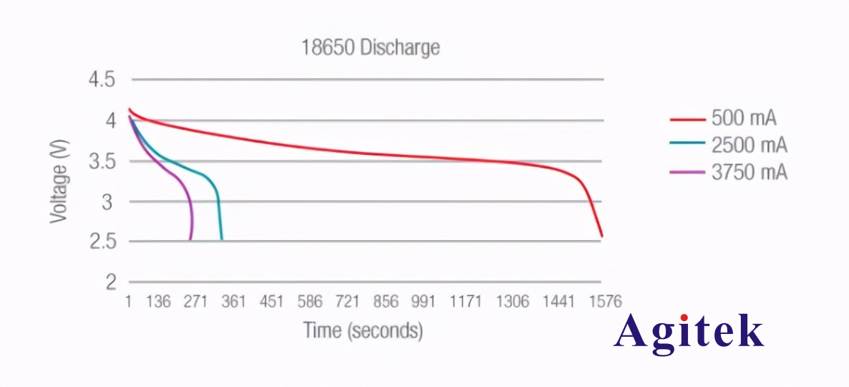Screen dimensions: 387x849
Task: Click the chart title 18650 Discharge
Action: point(369,48)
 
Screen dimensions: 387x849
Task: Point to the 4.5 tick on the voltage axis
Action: point(101,80)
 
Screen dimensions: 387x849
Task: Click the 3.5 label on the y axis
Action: point(101,161)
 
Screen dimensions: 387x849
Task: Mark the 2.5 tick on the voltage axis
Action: point(101,242)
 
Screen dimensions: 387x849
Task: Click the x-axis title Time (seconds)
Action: point(363,330)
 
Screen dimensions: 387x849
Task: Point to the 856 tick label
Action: point(386,302)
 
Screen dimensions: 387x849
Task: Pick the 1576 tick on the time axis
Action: point(605,302)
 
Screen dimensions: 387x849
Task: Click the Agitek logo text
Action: point(689,333)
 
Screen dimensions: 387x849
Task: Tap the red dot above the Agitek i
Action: point(685,315)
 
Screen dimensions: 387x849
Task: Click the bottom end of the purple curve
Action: point(190,239)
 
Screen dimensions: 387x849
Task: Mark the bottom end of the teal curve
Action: point(221,239)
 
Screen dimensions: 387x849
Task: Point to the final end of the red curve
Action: point(602,236)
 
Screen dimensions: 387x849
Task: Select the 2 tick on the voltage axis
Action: point(110,282)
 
